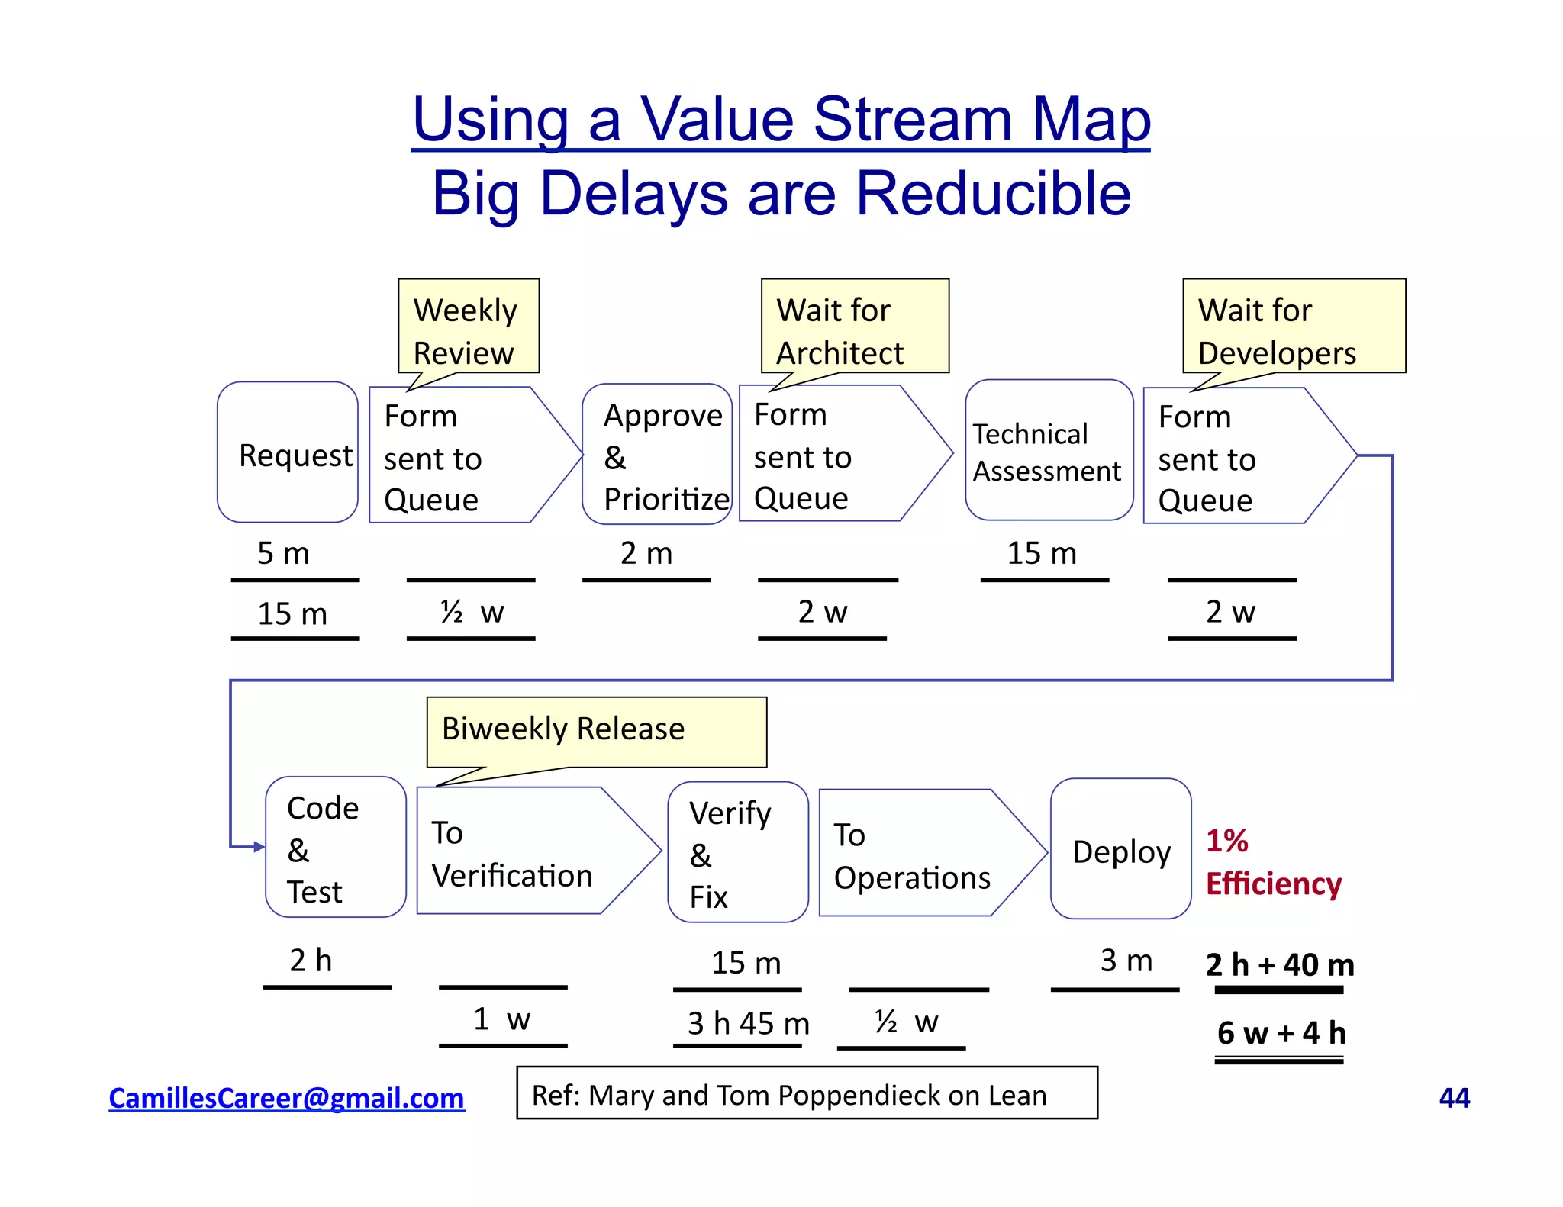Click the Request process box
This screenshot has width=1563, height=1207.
[288, 452]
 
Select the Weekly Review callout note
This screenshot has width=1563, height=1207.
[469, 327]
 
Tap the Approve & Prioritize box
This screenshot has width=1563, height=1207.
[657, 455]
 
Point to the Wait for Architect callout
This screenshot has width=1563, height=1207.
[855, 327]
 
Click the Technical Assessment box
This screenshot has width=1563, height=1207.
[1049, 451]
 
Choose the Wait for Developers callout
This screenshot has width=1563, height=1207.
[1294, 327]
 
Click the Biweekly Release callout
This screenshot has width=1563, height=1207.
[596, 731]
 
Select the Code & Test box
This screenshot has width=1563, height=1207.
[336, 848]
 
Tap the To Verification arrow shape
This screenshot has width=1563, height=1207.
[527, 851]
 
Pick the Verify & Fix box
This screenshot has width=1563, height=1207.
[737, 852]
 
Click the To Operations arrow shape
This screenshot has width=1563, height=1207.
[920, 854]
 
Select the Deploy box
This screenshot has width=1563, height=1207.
[1120, 850]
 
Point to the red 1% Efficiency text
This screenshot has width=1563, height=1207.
[1272, 862]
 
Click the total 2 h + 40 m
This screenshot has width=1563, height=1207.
[1280, 964]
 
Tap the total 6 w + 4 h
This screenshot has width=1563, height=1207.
[1280, 1032]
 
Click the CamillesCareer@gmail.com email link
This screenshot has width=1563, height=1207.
[286, 1098]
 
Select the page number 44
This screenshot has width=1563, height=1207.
[1454, 1098]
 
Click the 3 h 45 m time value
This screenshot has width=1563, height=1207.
[748, 1023]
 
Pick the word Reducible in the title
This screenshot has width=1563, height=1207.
[993, 194]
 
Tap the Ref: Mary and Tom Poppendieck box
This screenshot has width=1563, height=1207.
[807, 1094]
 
